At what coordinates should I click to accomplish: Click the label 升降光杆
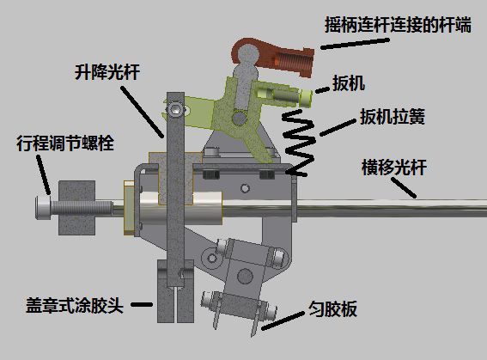coord(107,72)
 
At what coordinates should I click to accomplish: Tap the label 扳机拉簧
coord(393,117)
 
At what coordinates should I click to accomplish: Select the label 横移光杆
coord(394,168)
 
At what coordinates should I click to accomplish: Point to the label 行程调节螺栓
coord(65,143)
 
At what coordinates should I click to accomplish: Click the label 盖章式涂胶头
coord(75,305)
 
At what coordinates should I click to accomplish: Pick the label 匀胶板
coord(332,308)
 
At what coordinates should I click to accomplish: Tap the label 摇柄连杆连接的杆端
coord(398,25)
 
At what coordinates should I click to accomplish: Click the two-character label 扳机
coord(349,83)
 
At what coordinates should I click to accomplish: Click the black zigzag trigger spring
coord(299,143)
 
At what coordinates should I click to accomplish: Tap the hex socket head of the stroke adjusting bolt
coord(43,207)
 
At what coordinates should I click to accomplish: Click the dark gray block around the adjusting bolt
coord(77,207)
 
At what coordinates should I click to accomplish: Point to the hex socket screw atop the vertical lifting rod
coord(174,109)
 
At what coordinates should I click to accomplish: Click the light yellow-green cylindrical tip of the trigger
coord(307,98)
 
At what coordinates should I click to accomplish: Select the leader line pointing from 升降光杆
coord(142,112)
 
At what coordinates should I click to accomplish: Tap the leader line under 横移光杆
coord(403,187)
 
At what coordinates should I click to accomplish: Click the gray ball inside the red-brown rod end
coord(248,55)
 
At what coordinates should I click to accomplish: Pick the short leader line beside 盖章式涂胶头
coord(142,305)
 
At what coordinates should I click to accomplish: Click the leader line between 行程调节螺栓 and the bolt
coord(43,175)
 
